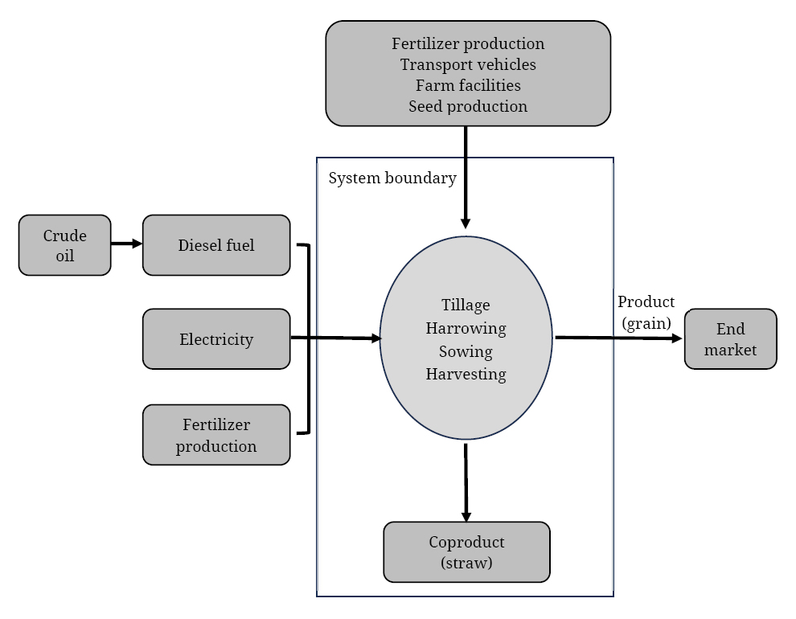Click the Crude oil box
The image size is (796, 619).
tap(64, 245)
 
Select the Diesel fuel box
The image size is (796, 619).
tap(216, 245)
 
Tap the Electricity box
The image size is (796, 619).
tap(216, 339)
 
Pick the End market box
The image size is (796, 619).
tap(731, 339)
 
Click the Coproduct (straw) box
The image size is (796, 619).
tap(466, 552)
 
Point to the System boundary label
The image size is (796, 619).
tap(392, 178)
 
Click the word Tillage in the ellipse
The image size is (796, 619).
tap(466, 305)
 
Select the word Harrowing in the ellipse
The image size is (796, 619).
tap(466, 328)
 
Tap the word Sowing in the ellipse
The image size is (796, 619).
tap(466, 351)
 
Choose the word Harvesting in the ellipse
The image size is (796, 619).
tap(466, 375)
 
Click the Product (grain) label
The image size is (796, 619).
tap(646, 313)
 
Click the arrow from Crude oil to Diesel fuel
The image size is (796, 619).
tap(126, 244)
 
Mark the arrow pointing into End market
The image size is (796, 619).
tap(619, 338)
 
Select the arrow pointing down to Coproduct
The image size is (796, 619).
tap(466, 482)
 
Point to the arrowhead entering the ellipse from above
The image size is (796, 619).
tap(465, 223)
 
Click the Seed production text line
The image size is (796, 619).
tap(468, 107)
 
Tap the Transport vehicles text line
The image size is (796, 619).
tap(468, 64)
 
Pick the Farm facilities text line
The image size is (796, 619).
tap(468, 85)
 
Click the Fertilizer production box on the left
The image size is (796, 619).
tap(216, 435)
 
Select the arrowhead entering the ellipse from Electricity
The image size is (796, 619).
tap(376, 338)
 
